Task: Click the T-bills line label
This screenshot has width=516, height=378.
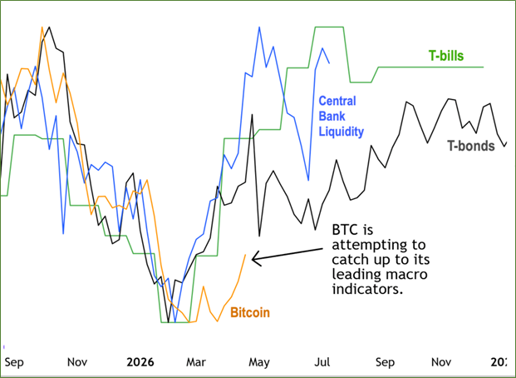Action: tap(445, 56)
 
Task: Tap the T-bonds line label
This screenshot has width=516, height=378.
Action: tap(471, 147)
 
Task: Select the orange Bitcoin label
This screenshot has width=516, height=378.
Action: tap(249, 312)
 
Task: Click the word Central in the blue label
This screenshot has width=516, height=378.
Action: tap(337, 102)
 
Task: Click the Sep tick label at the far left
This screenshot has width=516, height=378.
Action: tap(14, 362)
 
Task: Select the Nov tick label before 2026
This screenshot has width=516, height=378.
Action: tap(77, 362)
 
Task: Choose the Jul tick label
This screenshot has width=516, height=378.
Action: tap(322, 362)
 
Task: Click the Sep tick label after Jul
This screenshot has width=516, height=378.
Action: tap(385, 362)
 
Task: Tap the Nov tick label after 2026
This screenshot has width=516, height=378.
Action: tap(442, 362)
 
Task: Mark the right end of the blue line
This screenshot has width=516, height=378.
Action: tap(329, 62)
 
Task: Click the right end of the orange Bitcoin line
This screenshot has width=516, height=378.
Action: tap(246, 254)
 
